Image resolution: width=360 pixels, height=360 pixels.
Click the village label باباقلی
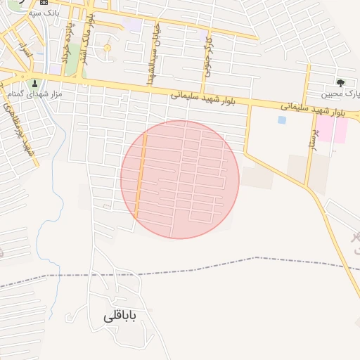[x=119, y=316]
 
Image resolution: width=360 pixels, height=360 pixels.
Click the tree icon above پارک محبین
[x=341, y=83]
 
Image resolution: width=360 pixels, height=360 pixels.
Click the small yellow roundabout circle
[x=107, y=48]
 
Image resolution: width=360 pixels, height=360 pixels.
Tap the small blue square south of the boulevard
[x=282, y=120]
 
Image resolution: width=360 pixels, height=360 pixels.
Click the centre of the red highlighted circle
[x=180, y=179]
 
